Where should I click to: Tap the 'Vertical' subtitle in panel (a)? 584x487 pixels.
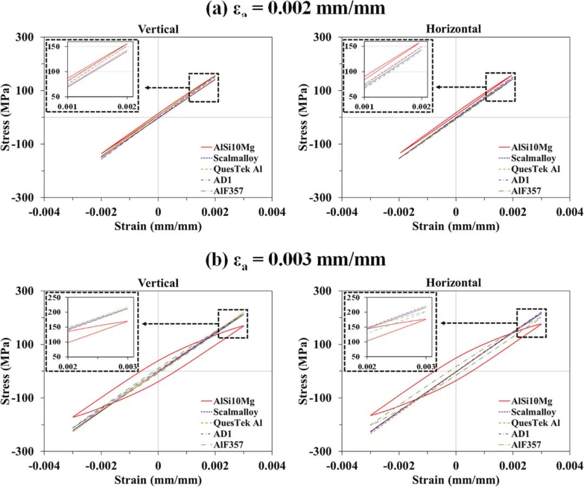pos(158,29)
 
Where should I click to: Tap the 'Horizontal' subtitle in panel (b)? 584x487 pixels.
pos(453,282)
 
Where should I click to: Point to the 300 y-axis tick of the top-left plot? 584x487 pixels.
pos(28,37)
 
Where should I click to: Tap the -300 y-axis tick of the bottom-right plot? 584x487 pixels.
pos(323,451)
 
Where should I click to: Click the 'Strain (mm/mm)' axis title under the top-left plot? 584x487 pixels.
pos(158,225)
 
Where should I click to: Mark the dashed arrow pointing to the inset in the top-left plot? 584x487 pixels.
pos(165,88)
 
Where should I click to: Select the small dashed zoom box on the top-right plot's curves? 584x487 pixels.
pos(500,87)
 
